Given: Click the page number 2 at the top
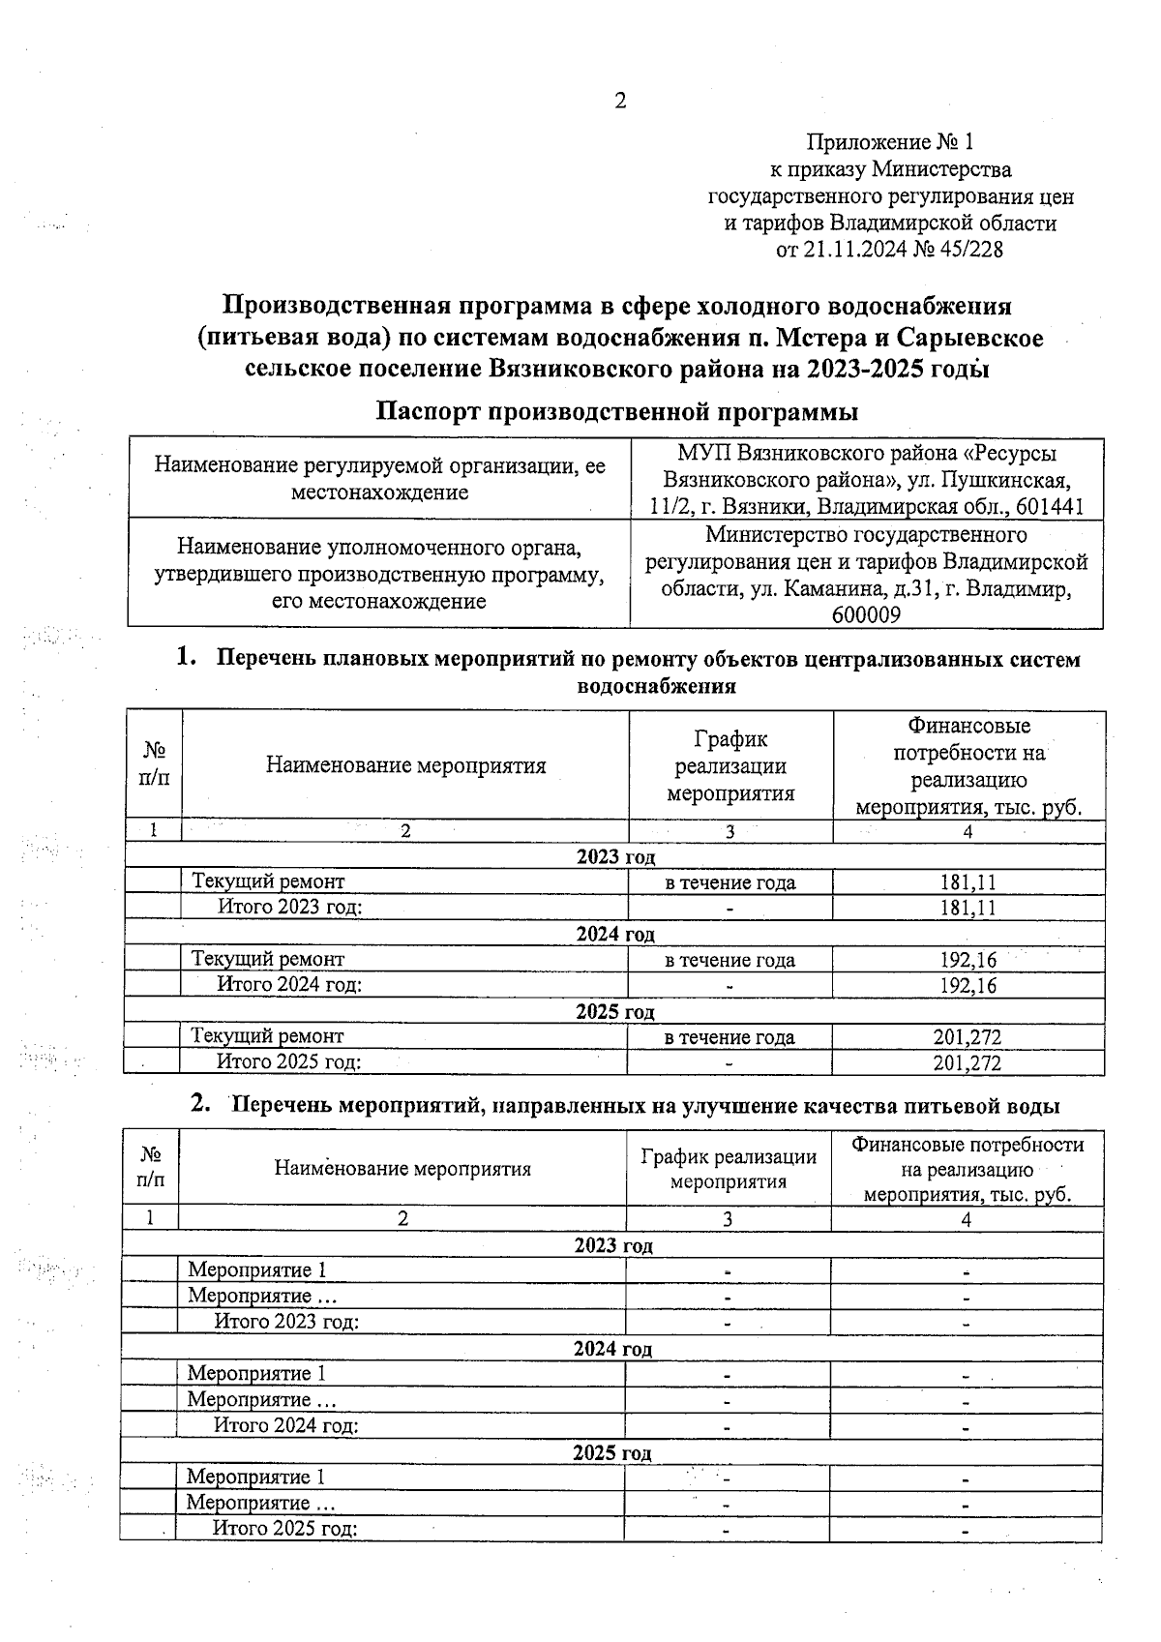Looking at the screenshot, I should click(x=620, y=101).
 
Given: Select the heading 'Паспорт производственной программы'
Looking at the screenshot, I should click(x=617, y=411).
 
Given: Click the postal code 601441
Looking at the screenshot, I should click(x=1048, y=506).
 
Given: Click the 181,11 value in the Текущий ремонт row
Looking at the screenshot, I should click(x=967, y=881).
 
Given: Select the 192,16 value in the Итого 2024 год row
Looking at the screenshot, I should click(x=967, y=985).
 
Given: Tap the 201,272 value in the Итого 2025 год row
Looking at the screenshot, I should click(x=967, y=1062).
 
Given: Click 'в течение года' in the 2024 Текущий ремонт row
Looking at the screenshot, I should click(x=729, y=960).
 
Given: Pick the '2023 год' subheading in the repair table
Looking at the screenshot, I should click(x=615, y=856).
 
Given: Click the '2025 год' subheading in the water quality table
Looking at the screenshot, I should click(x=611, y=1452).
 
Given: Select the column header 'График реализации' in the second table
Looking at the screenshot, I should click(x=728, y=1156).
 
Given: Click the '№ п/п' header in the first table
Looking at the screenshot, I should click(x=154, y=764).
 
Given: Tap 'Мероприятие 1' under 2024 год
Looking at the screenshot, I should click(x=256, y=1373).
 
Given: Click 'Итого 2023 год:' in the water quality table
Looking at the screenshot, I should click(x=286, y=1322).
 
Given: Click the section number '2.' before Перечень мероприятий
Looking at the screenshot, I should click(x=200, y=1104).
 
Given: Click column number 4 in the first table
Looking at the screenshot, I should click(x=967, y=831).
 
